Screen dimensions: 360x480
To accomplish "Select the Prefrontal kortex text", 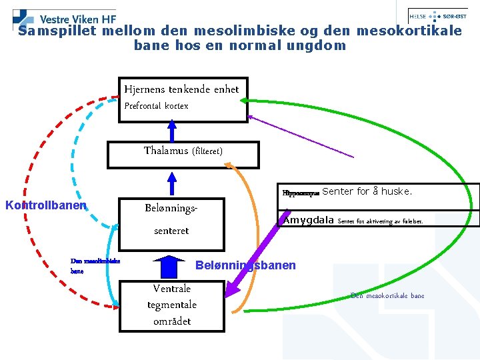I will pyautogui.click(x=157, y=106).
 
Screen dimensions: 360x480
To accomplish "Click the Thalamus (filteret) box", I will pyautogui.click(x=183, y=151).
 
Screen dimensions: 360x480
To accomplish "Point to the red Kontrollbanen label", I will pyautogui.click(x=46, y=205).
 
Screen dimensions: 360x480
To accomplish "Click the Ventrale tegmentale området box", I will pyautogui.click(x=171, y=305).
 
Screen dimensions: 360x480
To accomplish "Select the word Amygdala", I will pyautogui.click(x=309, y=220).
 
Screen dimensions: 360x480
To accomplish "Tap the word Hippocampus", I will pyautogui.click(x=301, y=193).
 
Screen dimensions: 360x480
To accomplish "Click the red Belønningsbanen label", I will pyautogui.click(x=245, y=265).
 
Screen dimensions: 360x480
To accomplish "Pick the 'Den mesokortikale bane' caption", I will pyautogui.click(x=387, y=295).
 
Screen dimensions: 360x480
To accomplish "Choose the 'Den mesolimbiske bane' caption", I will pyautogui.click(x=95, y=266).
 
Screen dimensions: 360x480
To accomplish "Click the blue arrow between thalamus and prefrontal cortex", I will pyautogui.click(x=172, y=131).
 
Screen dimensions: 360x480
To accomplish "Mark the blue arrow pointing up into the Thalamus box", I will pyautogui.click(x=173, y=183).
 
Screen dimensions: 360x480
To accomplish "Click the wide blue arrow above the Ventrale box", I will pyautogui.click(x=172, y=267).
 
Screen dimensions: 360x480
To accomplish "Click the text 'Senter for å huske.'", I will pyautogui.click(x=367, y=192).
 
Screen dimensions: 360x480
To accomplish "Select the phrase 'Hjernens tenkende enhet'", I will pyautogui.click(x=181, y=89).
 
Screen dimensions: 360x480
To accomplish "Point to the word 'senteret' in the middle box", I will pyautogui.click(x=171, y=231).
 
